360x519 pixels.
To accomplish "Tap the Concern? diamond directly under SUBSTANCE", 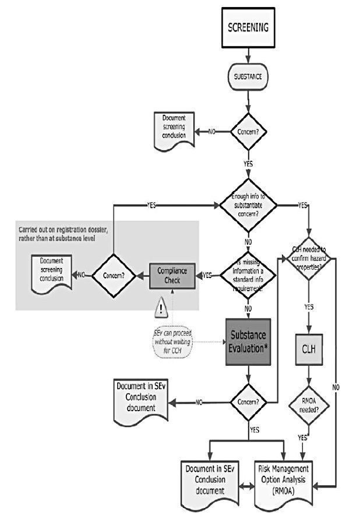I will click(249, 131).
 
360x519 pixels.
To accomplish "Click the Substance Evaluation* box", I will click(249, 341).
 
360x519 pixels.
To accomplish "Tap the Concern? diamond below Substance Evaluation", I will click(249, 401).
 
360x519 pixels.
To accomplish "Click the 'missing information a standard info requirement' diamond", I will click(249, 274).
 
